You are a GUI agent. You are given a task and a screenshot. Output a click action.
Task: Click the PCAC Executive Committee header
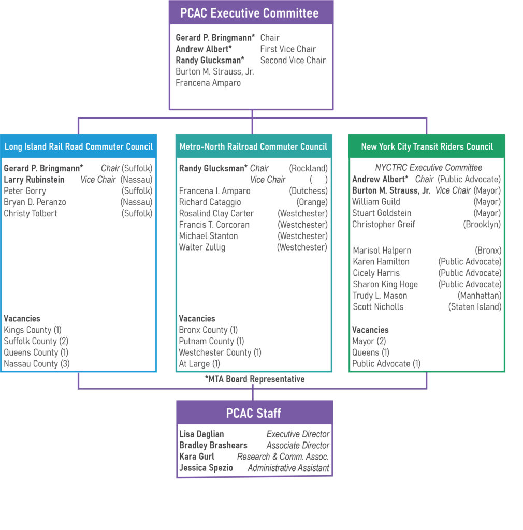(x=251, y=13)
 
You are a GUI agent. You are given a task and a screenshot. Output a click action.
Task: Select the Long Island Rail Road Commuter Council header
(x=78, y=146)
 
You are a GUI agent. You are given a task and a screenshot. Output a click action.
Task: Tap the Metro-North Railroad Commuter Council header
(x=253, y=146)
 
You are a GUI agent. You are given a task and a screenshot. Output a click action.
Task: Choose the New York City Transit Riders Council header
(x=427, y=146)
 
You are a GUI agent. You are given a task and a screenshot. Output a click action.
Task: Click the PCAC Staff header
(x=254, y=413)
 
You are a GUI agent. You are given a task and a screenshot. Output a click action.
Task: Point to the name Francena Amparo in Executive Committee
(x=208, y=83)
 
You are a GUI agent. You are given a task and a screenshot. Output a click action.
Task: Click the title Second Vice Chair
(x=293, y=60)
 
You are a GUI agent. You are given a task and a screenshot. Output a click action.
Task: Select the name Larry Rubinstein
(x=34, y=180)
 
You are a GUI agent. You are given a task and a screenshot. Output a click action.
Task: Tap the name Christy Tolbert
(x=31, y=213)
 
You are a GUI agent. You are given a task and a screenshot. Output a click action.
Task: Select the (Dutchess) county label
(x=308, y=191)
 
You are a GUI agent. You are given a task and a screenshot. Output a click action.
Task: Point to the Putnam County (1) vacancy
(x=211, y=341)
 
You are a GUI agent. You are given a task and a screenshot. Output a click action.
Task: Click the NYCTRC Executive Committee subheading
(x=428, y=168)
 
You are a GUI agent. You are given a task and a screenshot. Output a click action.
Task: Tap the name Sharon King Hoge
(x=385, y=284)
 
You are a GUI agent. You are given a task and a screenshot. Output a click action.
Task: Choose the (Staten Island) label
(x=474, y=306)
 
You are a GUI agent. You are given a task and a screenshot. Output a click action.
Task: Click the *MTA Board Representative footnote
(x=254, y=379)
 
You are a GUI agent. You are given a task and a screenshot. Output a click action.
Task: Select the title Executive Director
(x=298, y=434)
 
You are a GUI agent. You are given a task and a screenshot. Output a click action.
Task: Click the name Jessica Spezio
(x=206, y=468)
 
